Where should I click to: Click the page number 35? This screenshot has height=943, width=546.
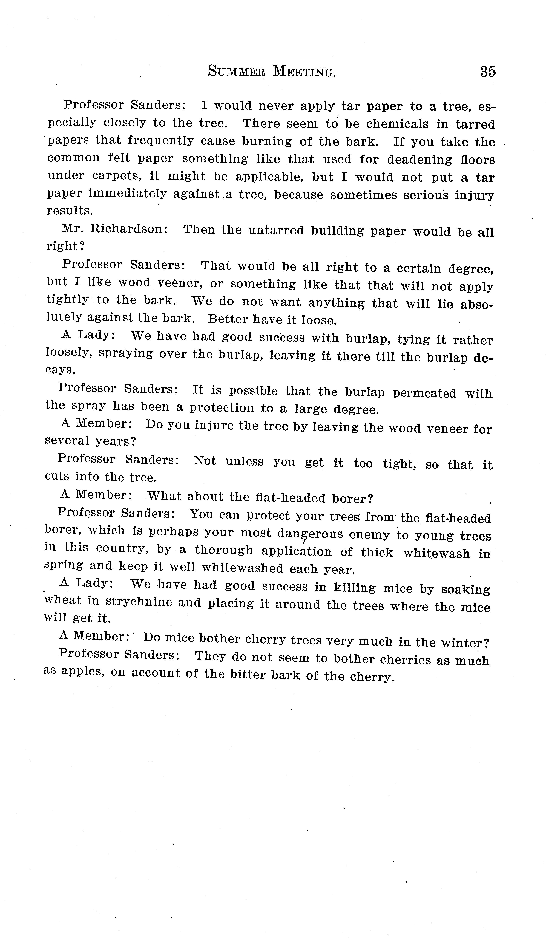(488, 71)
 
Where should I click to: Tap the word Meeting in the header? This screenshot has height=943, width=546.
(304, 71)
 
